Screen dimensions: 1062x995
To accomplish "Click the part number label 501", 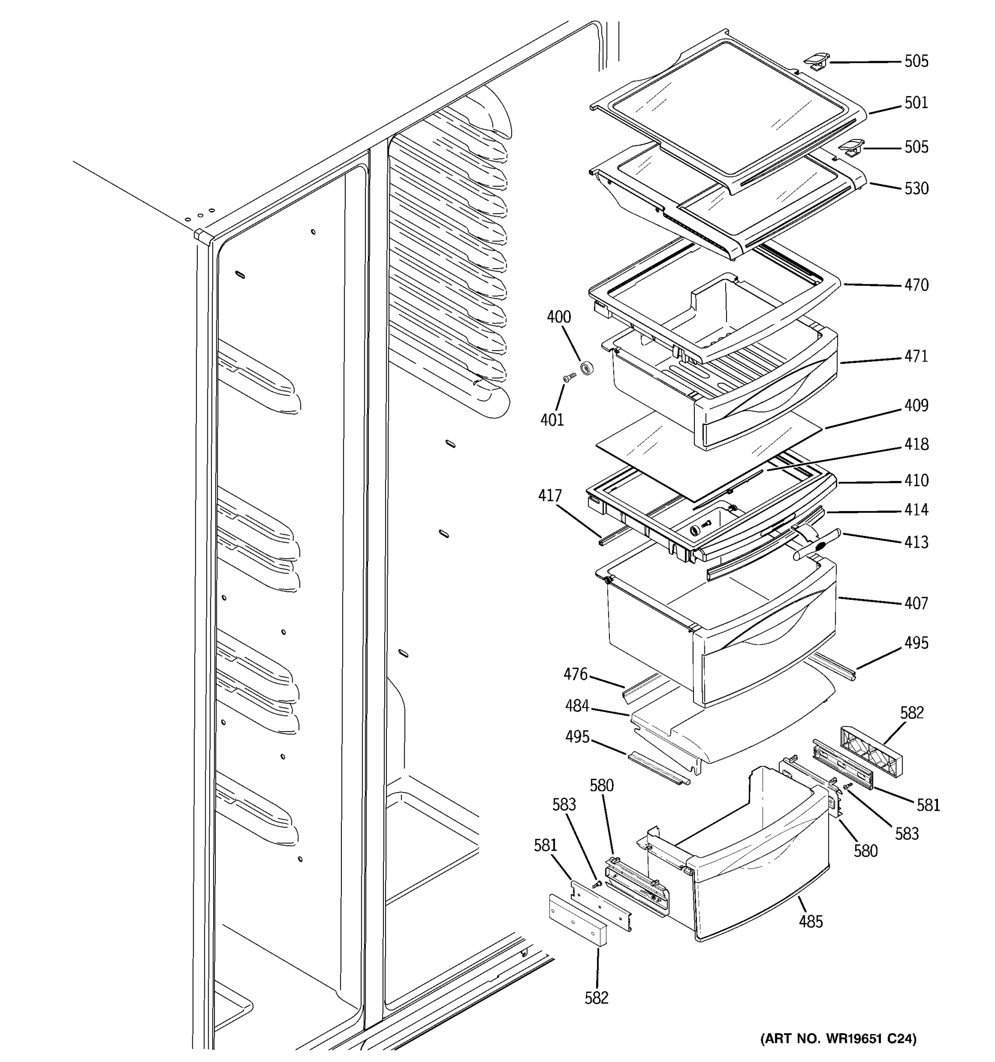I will [x=916, y=103].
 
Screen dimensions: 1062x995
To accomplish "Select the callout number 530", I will [x=916, y=189].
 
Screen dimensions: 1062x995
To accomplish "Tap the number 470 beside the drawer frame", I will [x=916, y=285].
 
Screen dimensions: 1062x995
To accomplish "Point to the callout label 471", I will [x=916, y=356].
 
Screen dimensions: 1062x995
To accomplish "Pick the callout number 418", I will [x=916, y=444].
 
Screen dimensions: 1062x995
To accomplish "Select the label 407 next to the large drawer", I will [x=916, y=603].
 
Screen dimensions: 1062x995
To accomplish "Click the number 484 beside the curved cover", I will [x=577, y=706].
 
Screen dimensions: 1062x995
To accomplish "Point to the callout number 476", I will [x=575, y=674].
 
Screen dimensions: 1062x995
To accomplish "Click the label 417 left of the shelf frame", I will [x=550, y=496].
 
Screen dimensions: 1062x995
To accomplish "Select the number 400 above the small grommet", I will [x=559, y=317].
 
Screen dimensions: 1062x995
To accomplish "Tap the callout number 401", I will [x=552, y=420].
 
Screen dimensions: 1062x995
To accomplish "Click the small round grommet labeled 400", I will [x=587, y=368].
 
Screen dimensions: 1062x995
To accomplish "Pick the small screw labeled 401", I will [x=570, y=378].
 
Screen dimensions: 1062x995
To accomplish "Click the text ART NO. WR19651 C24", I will [x=838, y=1039].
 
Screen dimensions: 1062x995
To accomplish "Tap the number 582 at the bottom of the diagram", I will [x=596, y=998].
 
